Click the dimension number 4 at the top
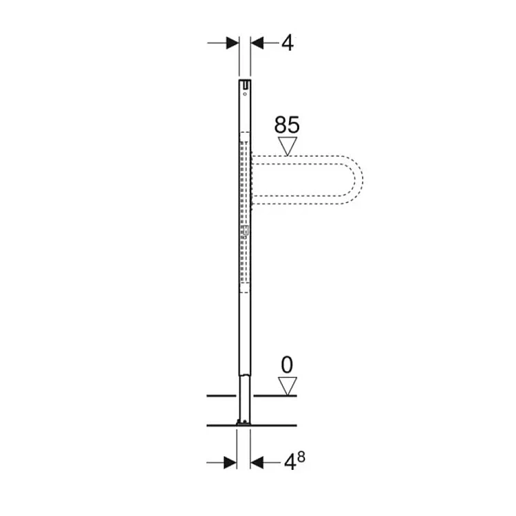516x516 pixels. pos(288,43)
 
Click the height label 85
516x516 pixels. pos(287,125)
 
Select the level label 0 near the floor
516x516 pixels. pos(287,365)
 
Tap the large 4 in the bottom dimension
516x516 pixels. pos(290,463)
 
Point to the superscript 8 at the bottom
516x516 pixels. pos(301,456)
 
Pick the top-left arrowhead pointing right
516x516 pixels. pos(233,43)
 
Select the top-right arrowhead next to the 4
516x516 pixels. pos(257,43)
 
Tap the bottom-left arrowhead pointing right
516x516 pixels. pos(230,462)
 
